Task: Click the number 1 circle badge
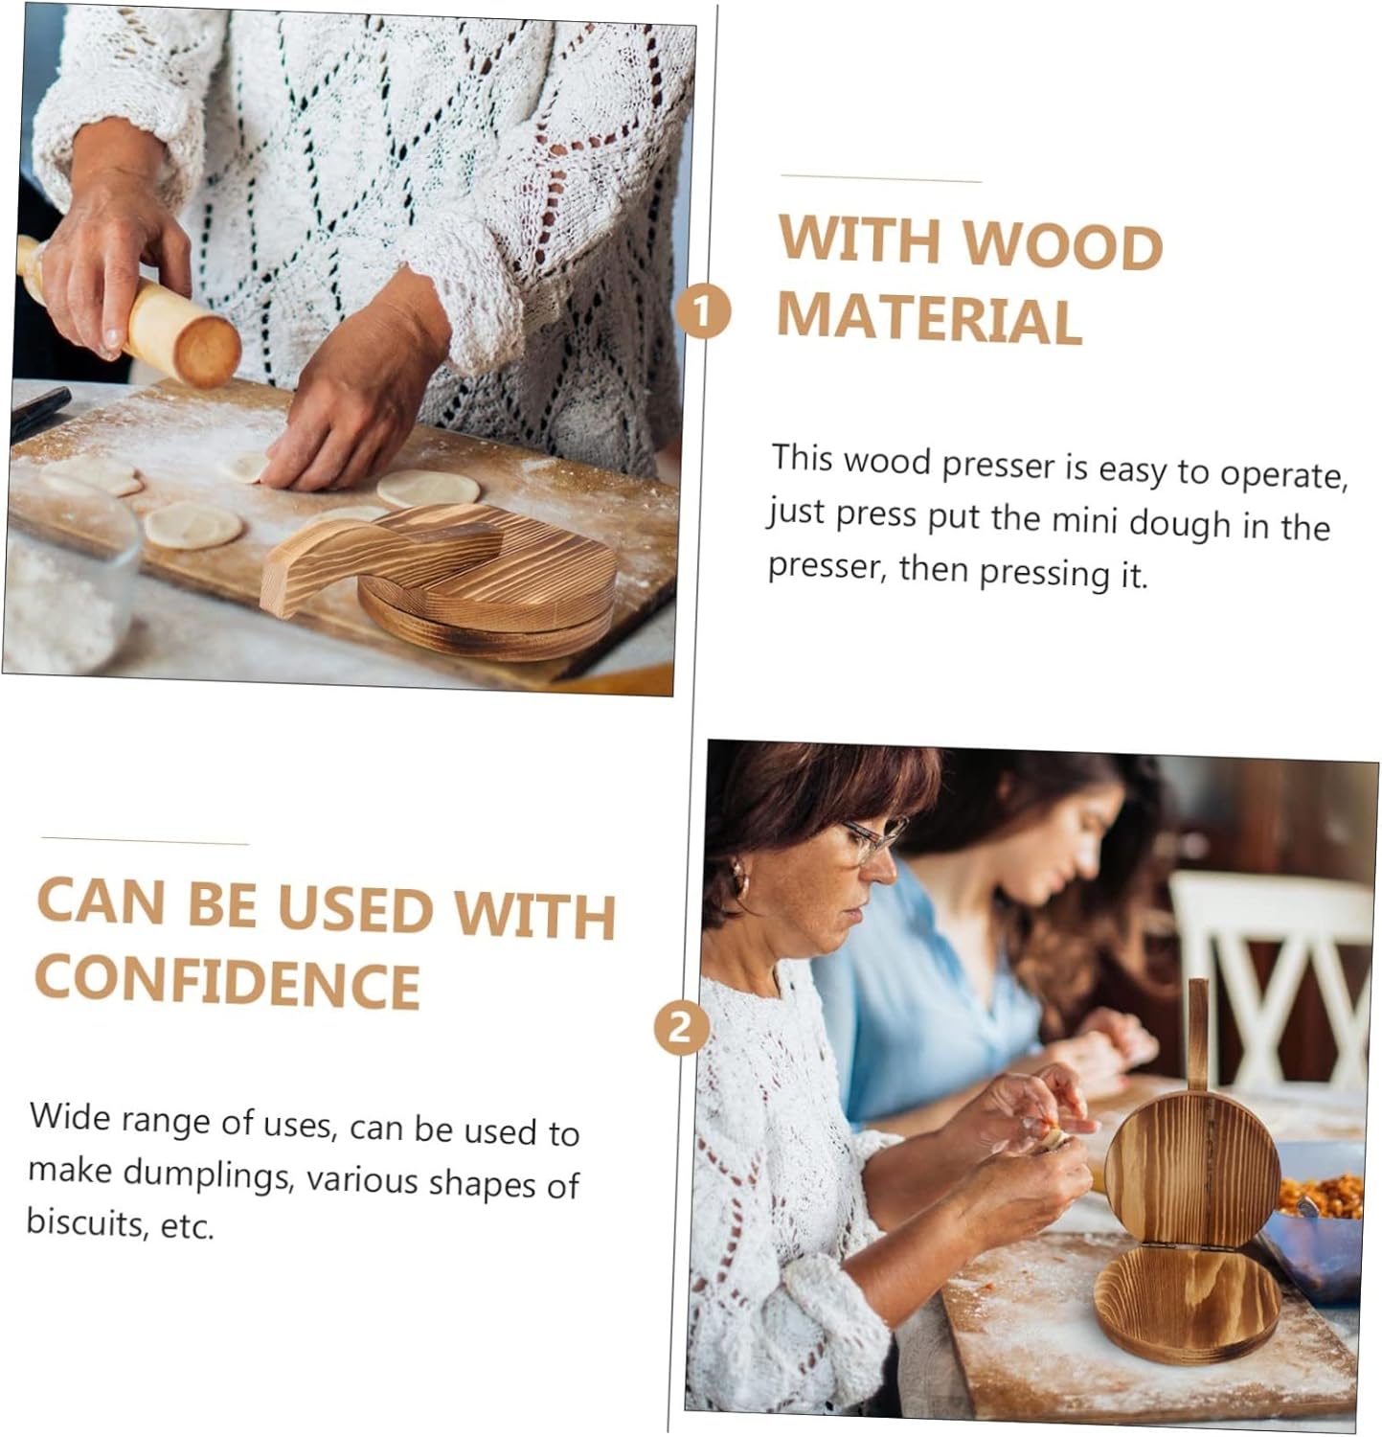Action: tap(702, 312)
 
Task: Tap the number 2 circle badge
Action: tap(681, 1028)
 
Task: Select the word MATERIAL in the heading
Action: tap(929, 318)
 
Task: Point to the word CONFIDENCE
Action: tap(228, 982)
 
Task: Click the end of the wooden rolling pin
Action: tap(207, 352)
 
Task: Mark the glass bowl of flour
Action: tap(67, 584)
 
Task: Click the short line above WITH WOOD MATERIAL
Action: tap(881, 178)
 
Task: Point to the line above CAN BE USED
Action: tap(145, 842)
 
